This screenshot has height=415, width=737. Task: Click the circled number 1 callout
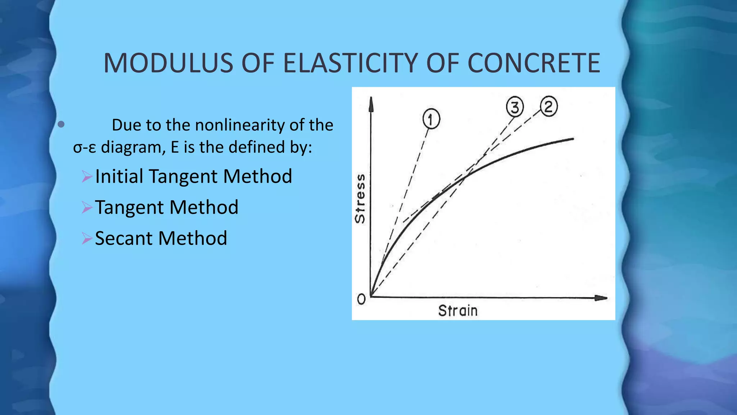pyautogui.click(x=431, y=119)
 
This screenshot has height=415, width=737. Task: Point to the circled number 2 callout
pyautogui.click(x=548, y=107)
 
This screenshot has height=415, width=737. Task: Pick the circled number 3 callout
pyautogui.click(x=515, y=107)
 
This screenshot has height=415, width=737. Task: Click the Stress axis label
pyautogui.click(x=360, y=198)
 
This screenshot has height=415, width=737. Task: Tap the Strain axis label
pyautogui.click(x=458, y=311)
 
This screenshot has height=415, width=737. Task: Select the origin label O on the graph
pyautogui.click(x=361, y=299)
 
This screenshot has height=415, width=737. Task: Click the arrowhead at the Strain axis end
pyautogui.click(x=601, y=298)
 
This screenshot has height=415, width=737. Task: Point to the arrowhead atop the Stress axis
pyautogui.click(x=371, y=104)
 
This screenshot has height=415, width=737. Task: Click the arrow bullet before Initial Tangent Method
pyautogui.click(x=87, y=177)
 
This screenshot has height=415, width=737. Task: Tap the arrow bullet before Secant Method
pyautogui.click(x=87, y=238)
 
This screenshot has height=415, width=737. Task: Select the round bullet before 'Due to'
pyautogui.click(x=61, y=125)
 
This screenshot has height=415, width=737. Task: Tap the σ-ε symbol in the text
pyautogui.click(x=85, y=148)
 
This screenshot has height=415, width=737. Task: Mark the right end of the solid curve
pyautogui.click(x=572, y=139)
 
